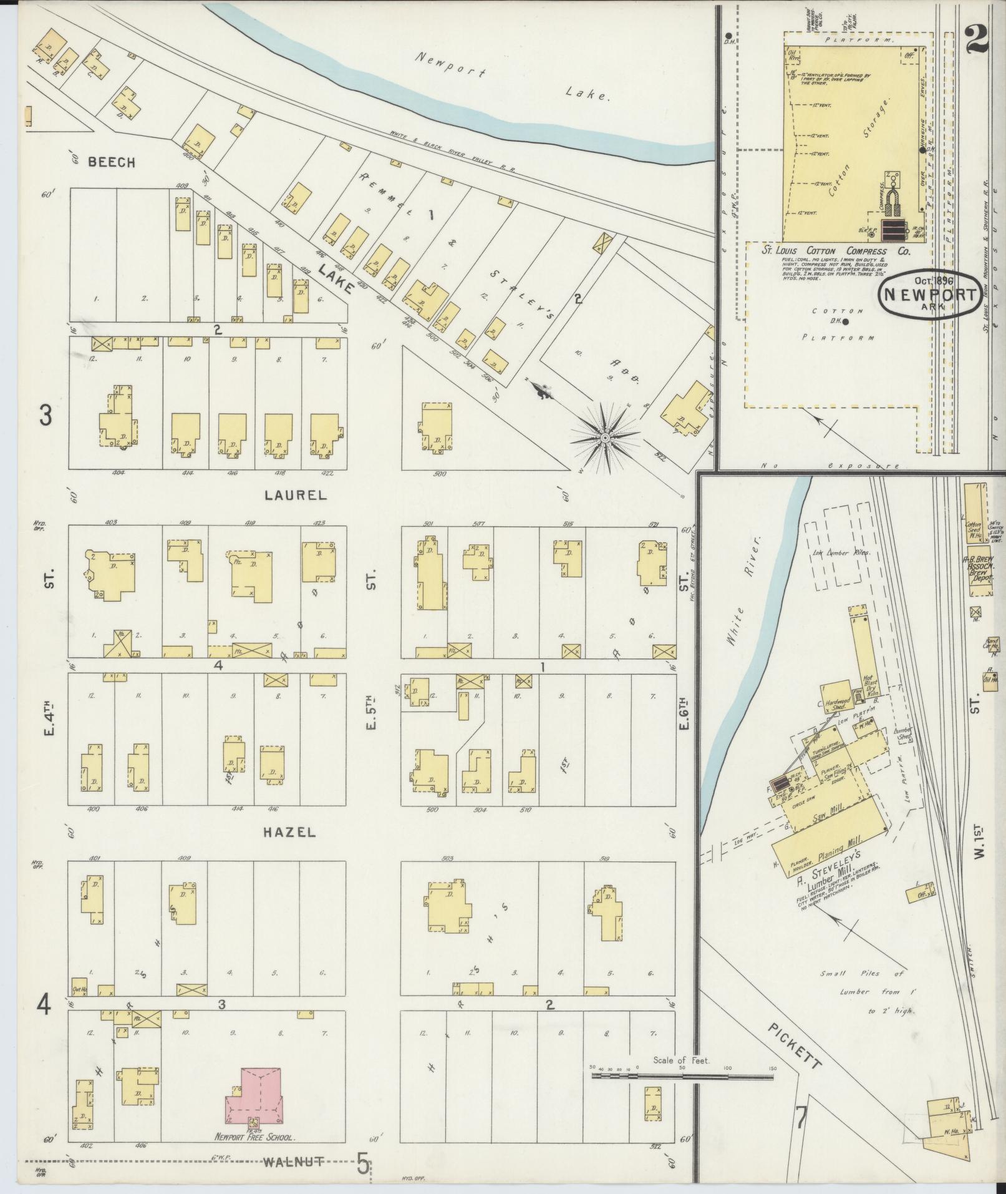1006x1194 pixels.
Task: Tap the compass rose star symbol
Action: click(604, 438)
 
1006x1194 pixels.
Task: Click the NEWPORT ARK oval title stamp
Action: click(928, 295)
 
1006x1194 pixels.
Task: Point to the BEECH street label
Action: click(112, 162)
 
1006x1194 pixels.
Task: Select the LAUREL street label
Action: click(296, 495)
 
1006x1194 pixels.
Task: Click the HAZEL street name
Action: click(289, 832)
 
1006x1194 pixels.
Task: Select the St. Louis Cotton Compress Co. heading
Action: click(836, 251)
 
